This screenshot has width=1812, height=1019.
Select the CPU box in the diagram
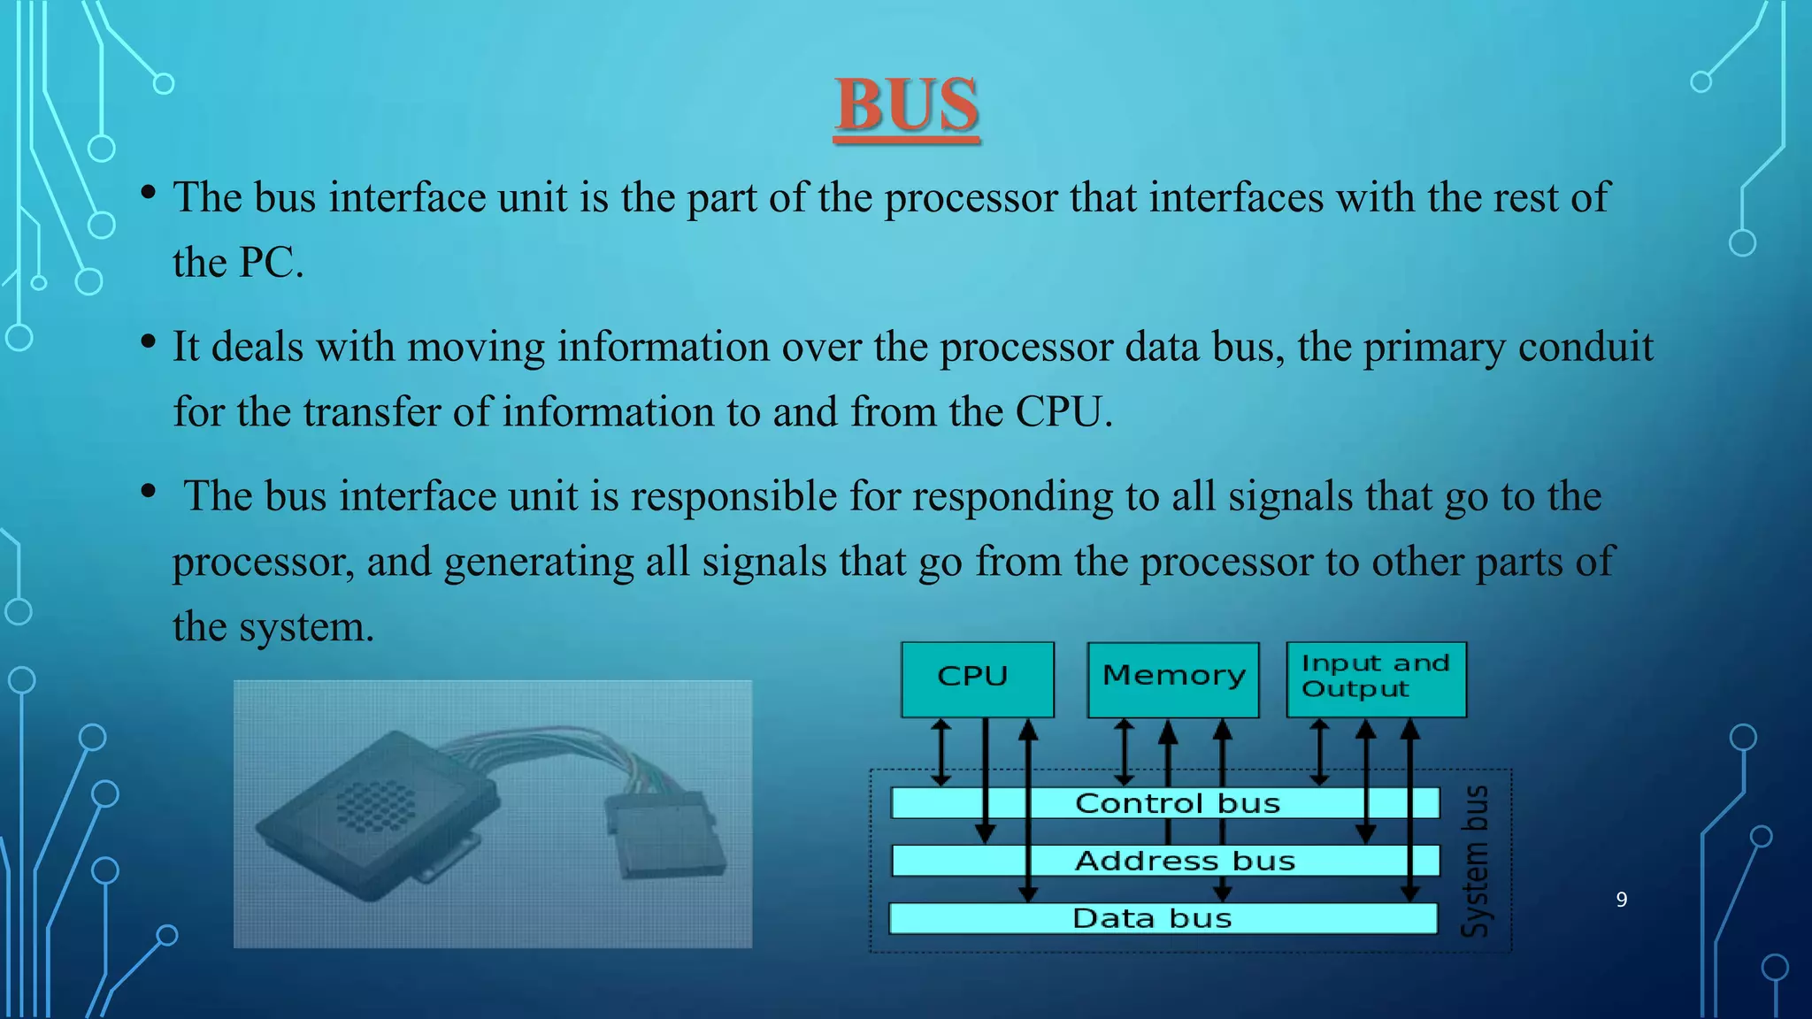[x=977, y=678]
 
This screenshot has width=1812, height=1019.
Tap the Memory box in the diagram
[x=1172, y=678]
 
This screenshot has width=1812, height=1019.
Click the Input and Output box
[x=1376, y=678]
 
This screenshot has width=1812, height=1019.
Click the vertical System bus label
[x=1475, y=860]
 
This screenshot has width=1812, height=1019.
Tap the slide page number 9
[x=1621, y=900]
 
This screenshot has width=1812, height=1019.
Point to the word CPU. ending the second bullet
[x=1063, y=412]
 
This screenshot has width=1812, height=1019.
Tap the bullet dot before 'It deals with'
[x=149, y=342]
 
